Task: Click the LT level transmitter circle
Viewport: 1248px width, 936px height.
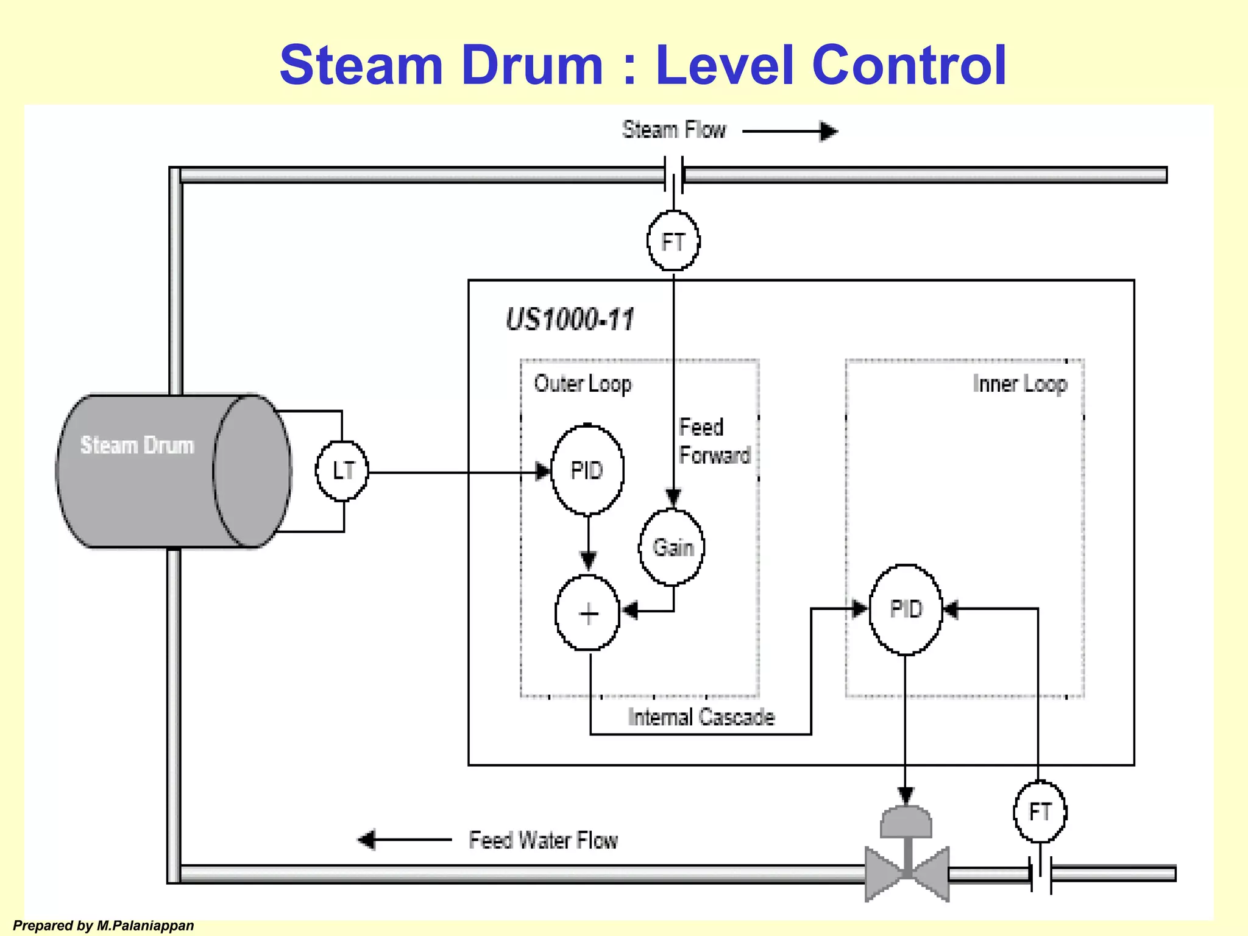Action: coord(342,470)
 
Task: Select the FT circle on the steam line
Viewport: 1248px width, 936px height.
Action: coord(673,241)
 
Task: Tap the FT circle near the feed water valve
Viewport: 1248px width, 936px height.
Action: coord(1040,812)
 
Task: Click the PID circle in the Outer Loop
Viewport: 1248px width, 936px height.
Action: coord(587,470)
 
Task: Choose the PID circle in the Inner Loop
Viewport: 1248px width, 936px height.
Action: coord(906,609)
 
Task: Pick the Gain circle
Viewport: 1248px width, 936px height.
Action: coord(672,547)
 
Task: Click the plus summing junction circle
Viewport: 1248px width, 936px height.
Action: coord(587,613)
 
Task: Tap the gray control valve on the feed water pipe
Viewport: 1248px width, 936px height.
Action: coord(907,865)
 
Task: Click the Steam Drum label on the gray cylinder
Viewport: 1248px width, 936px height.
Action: coord(137,445)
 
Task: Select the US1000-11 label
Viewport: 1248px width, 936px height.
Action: coord(570,319)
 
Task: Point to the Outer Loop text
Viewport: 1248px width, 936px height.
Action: coord(583,384)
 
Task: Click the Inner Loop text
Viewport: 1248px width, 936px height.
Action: coord(1019,384)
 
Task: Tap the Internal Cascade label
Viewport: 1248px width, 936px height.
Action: coord(701,717)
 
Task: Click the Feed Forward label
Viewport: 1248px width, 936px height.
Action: coord(714,441)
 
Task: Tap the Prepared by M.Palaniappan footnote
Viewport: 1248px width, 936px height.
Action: coord(104,926)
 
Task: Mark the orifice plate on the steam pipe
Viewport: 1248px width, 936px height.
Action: coord(674,175)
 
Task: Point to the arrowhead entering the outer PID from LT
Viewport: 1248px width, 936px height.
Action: coord(542,471)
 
